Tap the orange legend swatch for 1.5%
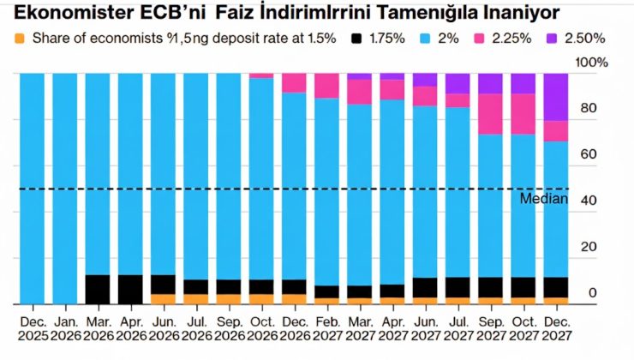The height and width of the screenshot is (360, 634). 19,39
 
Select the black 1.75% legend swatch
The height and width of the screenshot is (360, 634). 356,39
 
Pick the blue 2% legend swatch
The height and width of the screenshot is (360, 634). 426,39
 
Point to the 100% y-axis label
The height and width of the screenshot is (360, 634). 592,63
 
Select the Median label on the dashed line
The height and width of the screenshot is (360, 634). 544,199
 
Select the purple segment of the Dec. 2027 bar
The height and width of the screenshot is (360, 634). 556,96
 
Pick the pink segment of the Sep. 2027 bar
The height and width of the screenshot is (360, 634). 490,114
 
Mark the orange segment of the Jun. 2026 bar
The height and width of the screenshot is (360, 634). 164,299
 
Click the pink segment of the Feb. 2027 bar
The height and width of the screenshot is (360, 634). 326,86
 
